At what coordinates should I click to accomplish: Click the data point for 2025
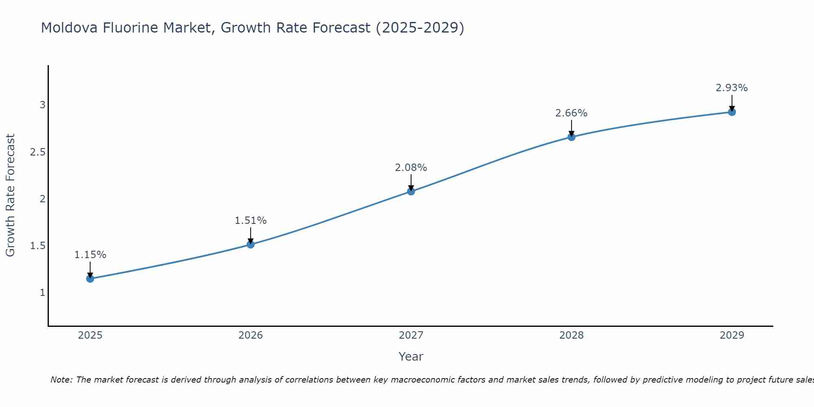coord(90,278)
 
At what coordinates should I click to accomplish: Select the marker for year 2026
coord(250,244)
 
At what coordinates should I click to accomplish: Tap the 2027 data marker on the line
coord(411,191)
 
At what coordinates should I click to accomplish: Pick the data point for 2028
coord(571,137)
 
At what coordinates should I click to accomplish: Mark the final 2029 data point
coord(731,112)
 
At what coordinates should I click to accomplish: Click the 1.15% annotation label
coord(90,255)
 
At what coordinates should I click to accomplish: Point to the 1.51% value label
coord(250,221)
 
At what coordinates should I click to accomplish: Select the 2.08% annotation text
coord(411,168)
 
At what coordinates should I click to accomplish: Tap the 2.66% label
coord(571,113)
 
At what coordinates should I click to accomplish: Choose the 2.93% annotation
coord(731,88)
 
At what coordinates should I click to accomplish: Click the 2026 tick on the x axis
coord(250,335)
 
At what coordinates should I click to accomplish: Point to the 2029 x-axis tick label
coord(731,335)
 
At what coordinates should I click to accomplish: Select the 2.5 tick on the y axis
coord(37,152)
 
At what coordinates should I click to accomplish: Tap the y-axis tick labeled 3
coord(42,105)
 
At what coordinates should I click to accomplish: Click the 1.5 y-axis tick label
coord(37,246)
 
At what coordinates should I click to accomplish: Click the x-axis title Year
coord(411,357)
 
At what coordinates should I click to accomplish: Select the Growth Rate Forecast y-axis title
coord(11,195)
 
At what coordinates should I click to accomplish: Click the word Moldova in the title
coord(69,28)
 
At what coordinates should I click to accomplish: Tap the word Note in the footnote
coord(61,380)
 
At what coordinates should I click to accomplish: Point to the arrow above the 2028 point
coord(571,128)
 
